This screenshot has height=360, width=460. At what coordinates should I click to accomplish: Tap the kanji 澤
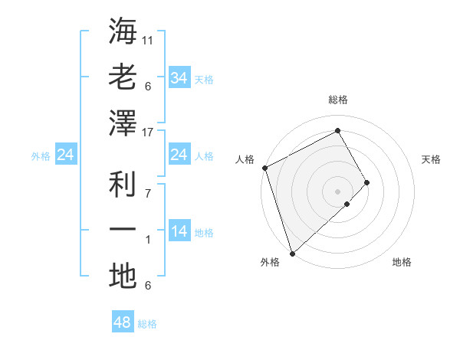[123, 123]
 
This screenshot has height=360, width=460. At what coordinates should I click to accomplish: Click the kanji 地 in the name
[123, 277]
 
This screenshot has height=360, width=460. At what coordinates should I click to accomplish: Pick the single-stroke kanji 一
[123, 231]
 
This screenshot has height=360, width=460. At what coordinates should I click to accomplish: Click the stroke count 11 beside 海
[148, 39]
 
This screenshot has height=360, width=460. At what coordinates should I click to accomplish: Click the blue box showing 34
[179, 77]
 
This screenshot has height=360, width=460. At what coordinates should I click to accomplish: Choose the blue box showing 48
[123, 322]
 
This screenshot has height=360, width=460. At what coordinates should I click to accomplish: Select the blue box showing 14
[179, 232]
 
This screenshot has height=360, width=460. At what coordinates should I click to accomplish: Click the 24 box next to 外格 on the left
[66, 155]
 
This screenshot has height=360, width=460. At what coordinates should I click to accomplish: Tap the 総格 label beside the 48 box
[147, 324]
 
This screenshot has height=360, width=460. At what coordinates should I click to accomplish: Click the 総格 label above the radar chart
[337, 100]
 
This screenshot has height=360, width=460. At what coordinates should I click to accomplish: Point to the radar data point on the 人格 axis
[264, 168]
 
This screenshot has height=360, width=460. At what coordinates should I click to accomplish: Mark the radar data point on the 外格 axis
[292, 252]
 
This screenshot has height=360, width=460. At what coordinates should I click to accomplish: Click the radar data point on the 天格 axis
[367, 182]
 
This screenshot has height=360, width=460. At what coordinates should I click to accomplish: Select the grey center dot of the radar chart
[337, 191]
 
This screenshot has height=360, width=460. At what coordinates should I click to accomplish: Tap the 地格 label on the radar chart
[402, 262]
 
